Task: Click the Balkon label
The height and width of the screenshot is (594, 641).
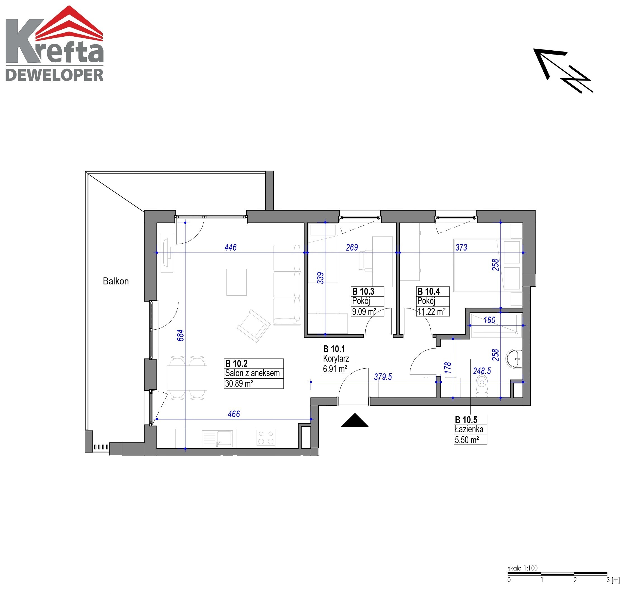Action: tap(116, 281)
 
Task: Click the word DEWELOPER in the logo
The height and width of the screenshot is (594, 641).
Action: tap(54, 75)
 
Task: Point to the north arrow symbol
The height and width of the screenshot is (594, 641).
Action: tap(563, 70)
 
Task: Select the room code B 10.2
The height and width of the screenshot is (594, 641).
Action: tap(236, 364)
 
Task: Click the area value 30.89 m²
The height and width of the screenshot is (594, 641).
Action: tap(239, 383)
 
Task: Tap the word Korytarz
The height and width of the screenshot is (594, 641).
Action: tap(336, 359)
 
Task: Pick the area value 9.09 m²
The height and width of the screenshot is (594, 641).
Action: tap(364, 312)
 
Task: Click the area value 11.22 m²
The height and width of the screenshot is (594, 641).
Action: tap(431, 312)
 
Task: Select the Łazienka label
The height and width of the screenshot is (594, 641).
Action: tap(469, 430)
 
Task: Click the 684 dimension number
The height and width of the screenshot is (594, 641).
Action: tap(180, 335)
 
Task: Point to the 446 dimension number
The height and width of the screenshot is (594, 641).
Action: tap(230, 247)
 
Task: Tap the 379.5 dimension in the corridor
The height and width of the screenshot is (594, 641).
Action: tap(383, 377)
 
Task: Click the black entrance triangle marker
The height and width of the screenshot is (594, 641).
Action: tap(355, 420)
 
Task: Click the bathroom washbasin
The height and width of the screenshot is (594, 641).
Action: tap(514, 359)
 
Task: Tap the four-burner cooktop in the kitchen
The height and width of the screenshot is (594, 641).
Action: tap(266, 438)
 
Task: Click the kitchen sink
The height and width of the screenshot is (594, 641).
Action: tap(217, 439)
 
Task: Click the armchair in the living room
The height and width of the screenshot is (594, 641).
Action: tap(253, 326)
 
